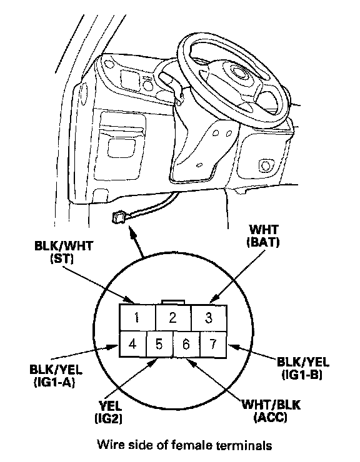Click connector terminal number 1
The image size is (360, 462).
(137, 318)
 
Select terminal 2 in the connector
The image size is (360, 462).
(173, 318)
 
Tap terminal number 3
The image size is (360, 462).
(209, 318)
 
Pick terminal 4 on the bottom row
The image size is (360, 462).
(132, 344)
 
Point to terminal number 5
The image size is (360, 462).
(159, 344)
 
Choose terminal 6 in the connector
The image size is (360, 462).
(186, 344)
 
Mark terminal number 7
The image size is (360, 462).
(214, 344)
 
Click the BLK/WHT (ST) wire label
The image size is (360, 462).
(64, 252)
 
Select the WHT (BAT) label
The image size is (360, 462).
(263, 236)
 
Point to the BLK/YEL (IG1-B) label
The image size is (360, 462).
(302, 368)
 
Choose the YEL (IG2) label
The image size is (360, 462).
(109, 412)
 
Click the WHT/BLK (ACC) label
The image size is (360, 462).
(271, 411)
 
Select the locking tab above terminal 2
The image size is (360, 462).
(173, 302)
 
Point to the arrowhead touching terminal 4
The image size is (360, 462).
(113, 346)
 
